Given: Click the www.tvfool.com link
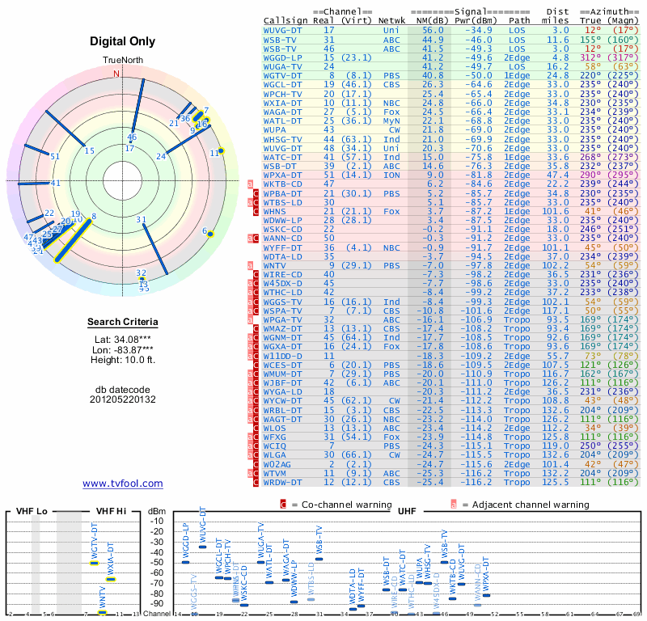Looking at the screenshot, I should pos(122,484).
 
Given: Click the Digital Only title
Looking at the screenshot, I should pos(123,40).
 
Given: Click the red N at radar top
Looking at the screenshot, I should pos(116,74).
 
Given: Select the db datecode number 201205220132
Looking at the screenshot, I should pos(123,399).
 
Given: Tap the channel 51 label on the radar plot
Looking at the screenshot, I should pos(55,156).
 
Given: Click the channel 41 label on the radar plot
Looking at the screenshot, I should pos(55,183).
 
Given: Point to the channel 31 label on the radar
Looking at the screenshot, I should pos(141,219).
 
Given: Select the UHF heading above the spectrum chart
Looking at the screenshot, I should pos(409,512).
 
